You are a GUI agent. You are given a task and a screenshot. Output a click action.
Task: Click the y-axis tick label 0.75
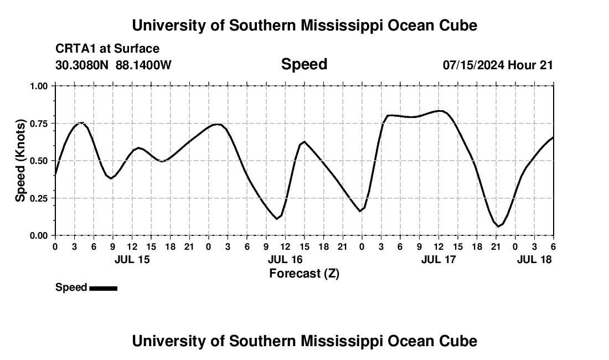[x=39, y=123]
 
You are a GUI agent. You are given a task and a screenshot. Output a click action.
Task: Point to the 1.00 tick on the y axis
[x=39, y=86]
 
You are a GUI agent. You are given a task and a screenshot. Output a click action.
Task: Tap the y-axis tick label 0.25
[x=39, y=198]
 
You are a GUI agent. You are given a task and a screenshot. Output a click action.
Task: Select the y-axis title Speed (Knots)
[x=20, y=161]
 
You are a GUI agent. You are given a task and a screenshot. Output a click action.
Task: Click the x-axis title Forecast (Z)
[x=304, y=274]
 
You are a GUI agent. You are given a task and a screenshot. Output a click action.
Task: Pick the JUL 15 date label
[x=132, y=259]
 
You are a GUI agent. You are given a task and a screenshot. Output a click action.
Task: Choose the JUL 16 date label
[x=285, y=259]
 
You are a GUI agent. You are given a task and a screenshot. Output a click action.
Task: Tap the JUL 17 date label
[x=438, y=259]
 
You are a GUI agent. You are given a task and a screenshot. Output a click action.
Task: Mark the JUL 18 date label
[x=534, y=259]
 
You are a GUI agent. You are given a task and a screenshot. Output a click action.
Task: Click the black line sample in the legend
[x=103, y=288]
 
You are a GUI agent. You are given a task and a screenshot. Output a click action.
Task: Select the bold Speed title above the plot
[x=304, y=64]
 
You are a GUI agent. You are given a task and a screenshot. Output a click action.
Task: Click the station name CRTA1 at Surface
[x=107, y=49]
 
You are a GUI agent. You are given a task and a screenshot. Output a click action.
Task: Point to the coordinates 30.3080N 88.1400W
[x=113, y=65]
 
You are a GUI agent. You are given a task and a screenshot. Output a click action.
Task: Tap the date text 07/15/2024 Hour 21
[x=498, y=65]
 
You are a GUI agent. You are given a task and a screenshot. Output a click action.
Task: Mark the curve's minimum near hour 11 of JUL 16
[x=277, y=219]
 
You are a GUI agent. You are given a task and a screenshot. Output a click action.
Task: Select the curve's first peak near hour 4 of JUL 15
[x=81, y=122]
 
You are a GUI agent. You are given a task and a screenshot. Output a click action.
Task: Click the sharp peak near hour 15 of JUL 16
[x=304, y=142]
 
